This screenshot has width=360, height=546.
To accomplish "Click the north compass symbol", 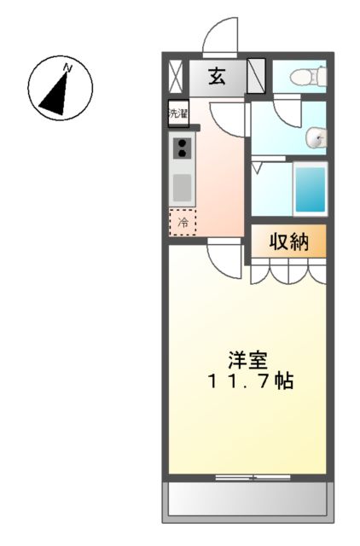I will tap(60, 88).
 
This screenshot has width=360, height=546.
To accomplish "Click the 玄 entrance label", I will tap(216, 77).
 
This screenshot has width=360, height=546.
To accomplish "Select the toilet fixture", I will tap(302, 78).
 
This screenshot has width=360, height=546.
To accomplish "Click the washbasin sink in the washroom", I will tap(316, 136).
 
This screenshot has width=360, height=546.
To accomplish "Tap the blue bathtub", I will tap(310, 188).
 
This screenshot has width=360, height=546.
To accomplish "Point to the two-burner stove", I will tap(183, 148).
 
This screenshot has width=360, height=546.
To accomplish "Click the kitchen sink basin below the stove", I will tap(183, 186).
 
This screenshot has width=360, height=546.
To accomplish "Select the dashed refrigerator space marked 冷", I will tap(182, 222).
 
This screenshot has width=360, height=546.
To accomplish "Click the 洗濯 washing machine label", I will tap(177, 113).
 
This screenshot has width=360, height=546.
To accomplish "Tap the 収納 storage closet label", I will tap(287, 241).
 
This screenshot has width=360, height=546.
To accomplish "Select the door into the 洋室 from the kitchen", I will tap(224, 257).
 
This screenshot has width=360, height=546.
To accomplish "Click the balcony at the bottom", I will tap(247, 499).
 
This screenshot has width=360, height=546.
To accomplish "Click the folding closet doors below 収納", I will tap(287, 270).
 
